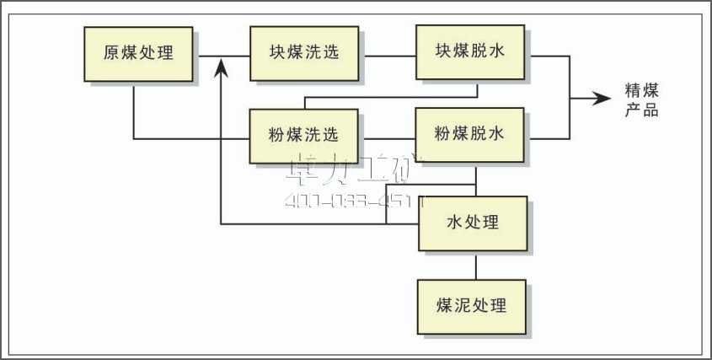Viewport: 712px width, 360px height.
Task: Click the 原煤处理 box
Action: coord(138,54)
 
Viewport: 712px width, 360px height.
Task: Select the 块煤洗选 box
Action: coord(304,54)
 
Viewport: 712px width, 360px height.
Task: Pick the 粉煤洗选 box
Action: coord(304,135)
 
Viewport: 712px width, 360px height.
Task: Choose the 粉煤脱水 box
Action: coord(470,135)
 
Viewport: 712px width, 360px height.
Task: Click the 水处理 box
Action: coord(473,223)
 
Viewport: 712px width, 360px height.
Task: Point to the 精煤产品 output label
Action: coord(641,99)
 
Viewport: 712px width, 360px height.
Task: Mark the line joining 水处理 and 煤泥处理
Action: coord(475,266)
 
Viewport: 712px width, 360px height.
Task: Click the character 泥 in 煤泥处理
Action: coord(466,305)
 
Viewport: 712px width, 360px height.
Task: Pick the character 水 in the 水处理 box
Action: coord(454,223)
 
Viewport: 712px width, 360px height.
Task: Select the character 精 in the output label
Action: coord(633,90)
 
